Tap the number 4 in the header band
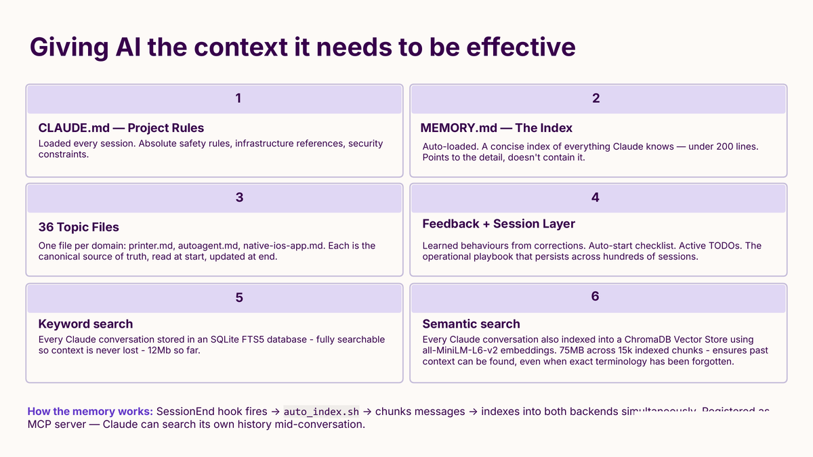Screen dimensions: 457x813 coord(596,198)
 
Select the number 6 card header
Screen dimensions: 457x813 coord(596,297)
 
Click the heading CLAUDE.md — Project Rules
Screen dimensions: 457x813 coord(121,127)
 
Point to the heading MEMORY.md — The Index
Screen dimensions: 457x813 coord(496,127)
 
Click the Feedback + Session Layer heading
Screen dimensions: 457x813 coord(498,223)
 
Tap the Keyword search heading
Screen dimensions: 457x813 coord(85,324)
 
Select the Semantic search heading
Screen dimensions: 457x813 coord(471,324)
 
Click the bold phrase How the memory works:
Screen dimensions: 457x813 coord(90,412)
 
